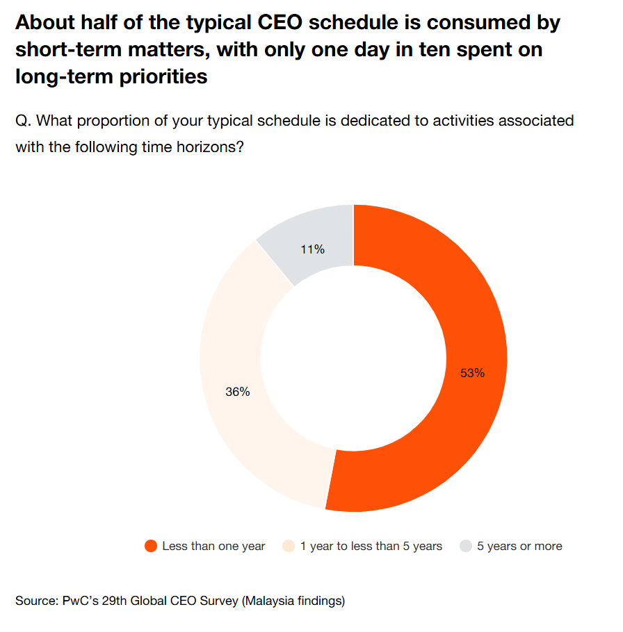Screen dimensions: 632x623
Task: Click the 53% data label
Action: (x=472, y=373)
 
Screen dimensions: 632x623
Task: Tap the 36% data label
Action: (x=237, y=392)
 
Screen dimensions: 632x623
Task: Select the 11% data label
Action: (x=312, y=249)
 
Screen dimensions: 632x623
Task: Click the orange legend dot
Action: (x=150, y=546)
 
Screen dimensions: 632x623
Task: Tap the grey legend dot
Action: (x=465, y=546)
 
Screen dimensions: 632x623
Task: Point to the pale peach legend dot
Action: (x=288, y=546)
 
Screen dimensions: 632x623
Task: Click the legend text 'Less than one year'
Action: (x=213, y=546)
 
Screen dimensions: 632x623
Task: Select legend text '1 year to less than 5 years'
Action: (x=371, y=546)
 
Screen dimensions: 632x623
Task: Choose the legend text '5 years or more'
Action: (x=519, y=546)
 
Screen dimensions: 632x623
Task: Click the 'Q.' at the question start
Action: (x=23, y=121)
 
